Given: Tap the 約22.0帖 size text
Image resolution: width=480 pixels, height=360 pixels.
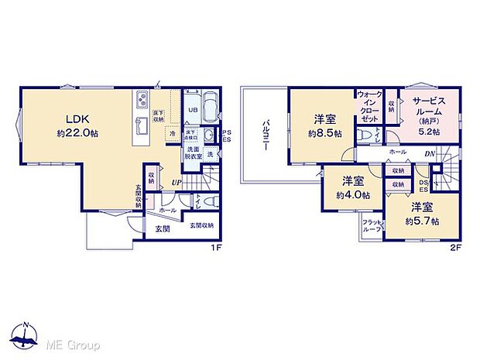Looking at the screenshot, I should (78, 132).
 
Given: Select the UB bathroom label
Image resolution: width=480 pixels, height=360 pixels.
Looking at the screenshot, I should (194, 110).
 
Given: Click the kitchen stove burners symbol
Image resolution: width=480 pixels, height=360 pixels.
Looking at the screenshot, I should (144, 99).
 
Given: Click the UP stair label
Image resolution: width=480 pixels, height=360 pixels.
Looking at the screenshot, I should (177, 183).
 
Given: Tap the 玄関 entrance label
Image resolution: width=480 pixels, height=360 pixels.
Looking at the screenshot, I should (163, 228).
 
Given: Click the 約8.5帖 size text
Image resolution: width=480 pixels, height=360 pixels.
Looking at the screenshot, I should (324, 132).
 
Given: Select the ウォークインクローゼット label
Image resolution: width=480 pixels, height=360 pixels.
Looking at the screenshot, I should (368, 106).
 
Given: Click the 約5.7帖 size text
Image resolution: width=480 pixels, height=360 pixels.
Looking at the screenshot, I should (424, 221).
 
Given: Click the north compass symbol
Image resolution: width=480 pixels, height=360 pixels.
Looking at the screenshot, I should (26, 335).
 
